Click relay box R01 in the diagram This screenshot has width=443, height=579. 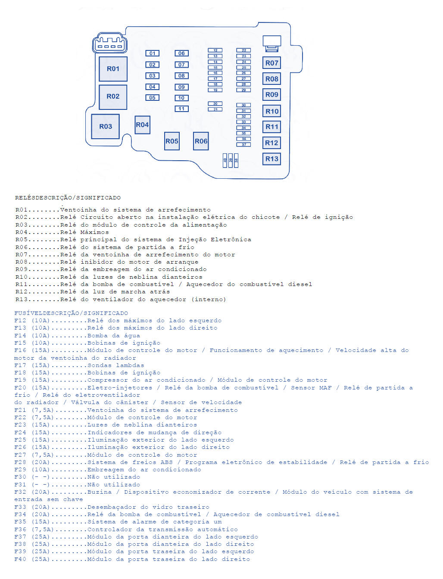pyautogui.click(x=113, y=69)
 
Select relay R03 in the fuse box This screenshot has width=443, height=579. pyautogui.click(x=105, y=126)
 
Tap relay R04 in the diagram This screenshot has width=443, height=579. pyautogui.click(x=142, y=125)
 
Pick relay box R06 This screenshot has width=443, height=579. pyautogui.click(x=201, y=141)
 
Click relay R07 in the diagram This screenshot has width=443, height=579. pyautogui.click(x=271, y=63)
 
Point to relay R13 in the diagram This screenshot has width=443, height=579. pyautogui.click(x=271, y=159)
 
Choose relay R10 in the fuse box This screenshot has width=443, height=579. pyautogui.click(x=271, y=111)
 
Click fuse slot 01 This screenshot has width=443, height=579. pyautogui.click(x=152, y=53)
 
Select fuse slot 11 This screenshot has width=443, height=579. pyautogui.click(x=181, y=109)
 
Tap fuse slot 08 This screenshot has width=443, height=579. pyautogui.click(x=181, y=76)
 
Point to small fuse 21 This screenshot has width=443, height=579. pyautogui.click(x=215, y=109)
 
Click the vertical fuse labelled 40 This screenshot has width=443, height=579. pyautogui.click(x=225, y=160)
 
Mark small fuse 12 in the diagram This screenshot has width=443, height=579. pyautogui.click(x=215, y=50)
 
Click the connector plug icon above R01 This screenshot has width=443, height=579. pyautogui.click(x=110, y=43)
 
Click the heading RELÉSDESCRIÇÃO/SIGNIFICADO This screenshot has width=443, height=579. pyautogui.click(x=68, y=198)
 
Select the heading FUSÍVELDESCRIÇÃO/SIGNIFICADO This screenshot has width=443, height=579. pyautogui.click(x=71, y=313)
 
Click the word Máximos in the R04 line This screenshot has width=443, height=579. pyautogui.click(x=94, y=232)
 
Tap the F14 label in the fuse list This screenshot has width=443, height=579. pyautogui.click(x=20, y=336)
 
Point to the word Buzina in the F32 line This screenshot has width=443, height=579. pyautogui.click(x=100, y=492)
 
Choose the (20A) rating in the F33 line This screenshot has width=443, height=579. pyautogui.click(x=41, y=507)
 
